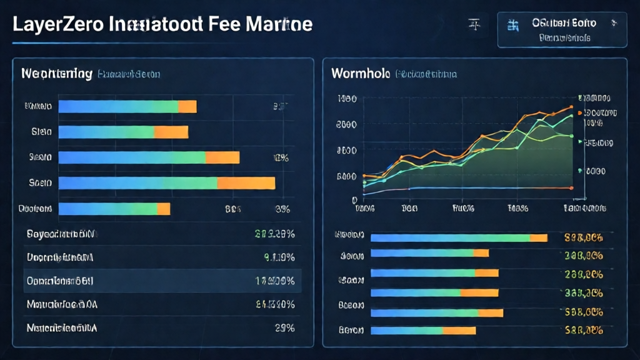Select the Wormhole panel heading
(360, 74)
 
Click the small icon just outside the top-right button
(474, 25)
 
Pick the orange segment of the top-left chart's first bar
(187, 107)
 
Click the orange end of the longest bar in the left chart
(246, 182)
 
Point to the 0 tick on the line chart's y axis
(354, 199)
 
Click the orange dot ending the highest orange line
(571, 107)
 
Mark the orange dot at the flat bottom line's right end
(571, 187)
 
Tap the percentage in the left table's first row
(274, 235)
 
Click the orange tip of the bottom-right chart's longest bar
(539, 237)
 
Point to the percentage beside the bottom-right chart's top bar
(582, 237)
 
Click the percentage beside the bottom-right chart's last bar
(582, 330)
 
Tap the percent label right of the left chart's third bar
(279, 157)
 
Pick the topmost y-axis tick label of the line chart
(346, 99)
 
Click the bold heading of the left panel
(57, 74)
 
